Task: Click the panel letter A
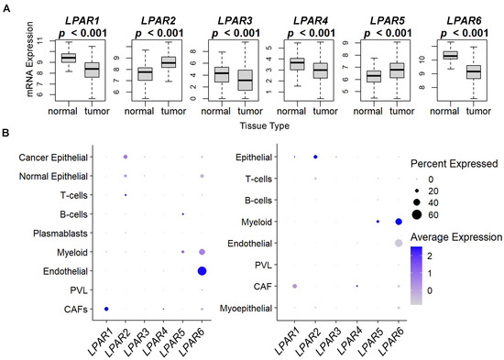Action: pos(5,6)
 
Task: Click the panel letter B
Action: pos(5,135)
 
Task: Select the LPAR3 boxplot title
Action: pos(230,7)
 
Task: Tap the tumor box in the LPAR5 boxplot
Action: pos(397,70)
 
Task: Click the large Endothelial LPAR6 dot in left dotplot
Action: pos(201,271)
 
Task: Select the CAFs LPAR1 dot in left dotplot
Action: pos(106,310)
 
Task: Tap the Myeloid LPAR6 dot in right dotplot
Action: pos(399,222)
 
